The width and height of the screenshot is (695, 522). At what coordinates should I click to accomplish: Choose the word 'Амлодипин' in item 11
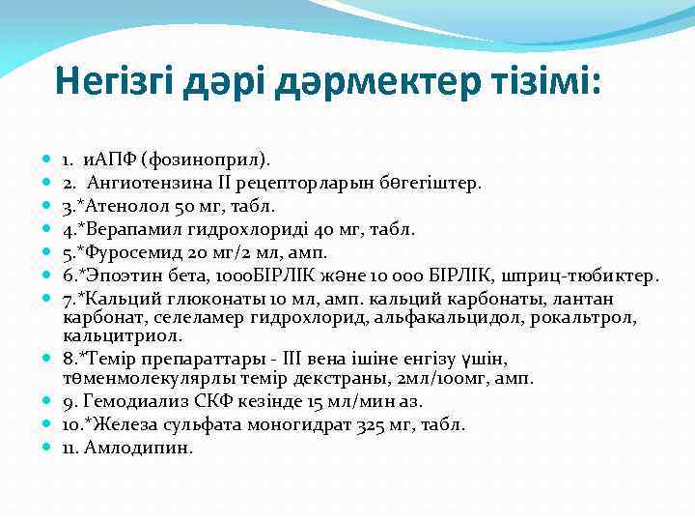point(139,448)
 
